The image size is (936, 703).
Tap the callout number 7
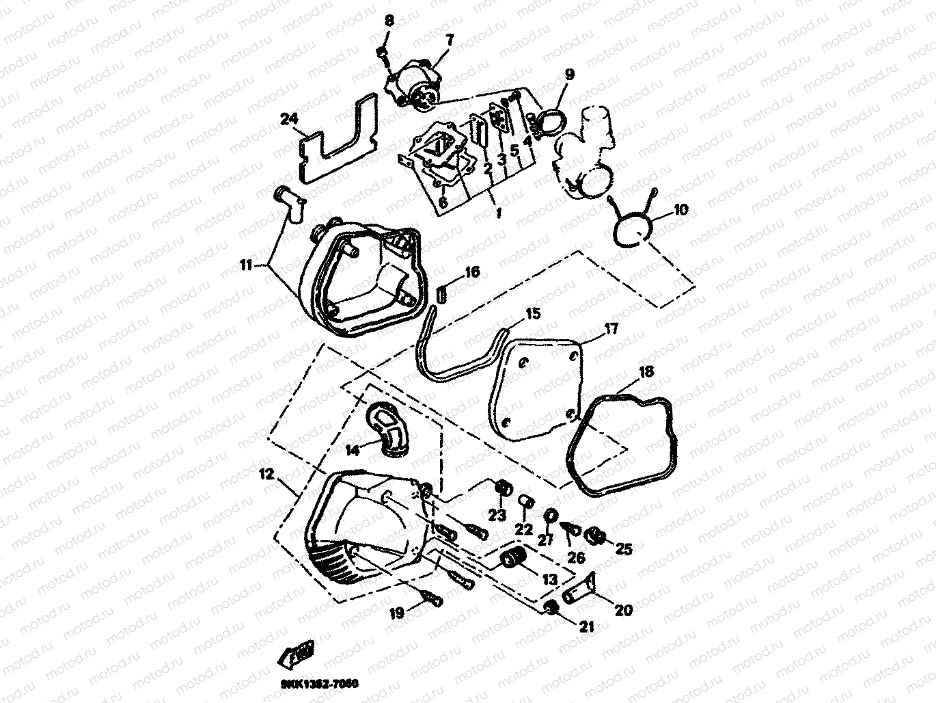pyautogui.click(x=449, y=40)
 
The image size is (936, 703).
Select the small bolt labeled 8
pyautogui.click(x=383, y=51)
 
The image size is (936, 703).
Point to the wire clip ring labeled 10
pyautogui.click(x=631, y=227)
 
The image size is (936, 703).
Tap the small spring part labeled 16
pyautogui.click(x=441, y=295)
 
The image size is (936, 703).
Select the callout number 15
pyautogui.click(x=533, y=315)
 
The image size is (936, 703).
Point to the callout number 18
pyautogui.click(x=646, y=372)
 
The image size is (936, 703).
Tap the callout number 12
pyautogui.click(x=266, y=473)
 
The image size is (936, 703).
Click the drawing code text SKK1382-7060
pyautogui.click(x=318, y=684)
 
